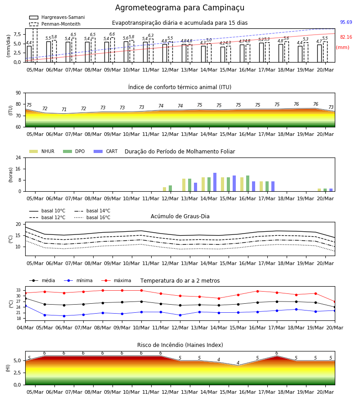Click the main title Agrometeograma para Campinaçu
(180, 8)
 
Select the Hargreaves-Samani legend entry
(57, 17)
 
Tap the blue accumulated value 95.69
(346, 22)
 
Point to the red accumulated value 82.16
(346, 37)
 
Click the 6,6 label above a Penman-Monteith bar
(112, 34)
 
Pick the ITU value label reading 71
(64, 109)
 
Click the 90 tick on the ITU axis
(18, 93)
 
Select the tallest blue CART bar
(215, 182)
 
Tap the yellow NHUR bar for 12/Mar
(165, 189)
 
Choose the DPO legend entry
(74, 151)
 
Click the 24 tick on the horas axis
(18, 157)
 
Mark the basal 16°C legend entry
(92, 217)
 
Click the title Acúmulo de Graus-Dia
(180, 216)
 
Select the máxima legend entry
(116, 280)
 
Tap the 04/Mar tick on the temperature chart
(25, 328)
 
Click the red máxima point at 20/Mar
(335, 301)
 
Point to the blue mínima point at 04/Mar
(25, 306)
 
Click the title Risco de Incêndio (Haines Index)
(180, 345)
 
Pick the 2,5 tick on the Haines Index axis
(18, 373)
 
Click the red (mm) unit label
(342, 48)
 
